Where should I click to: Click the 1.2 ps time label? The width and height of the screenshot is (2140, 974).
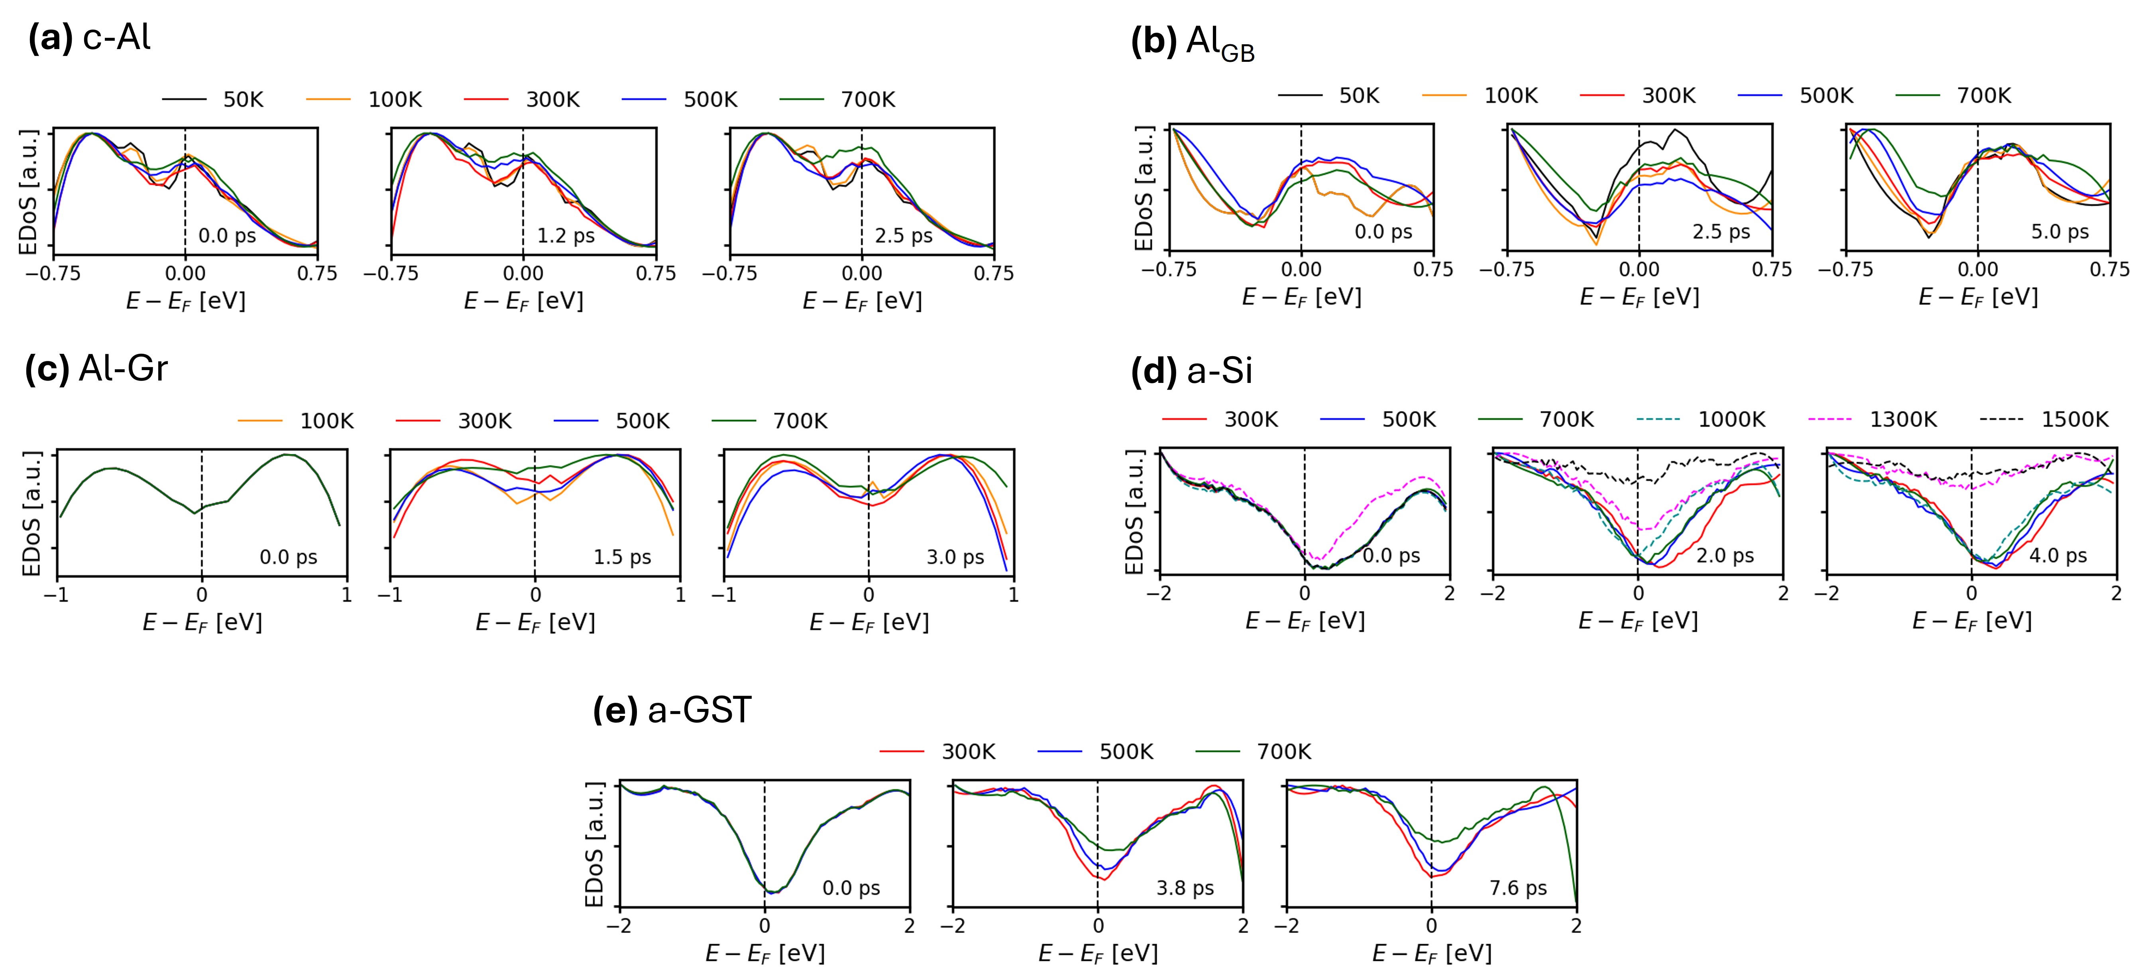coord(566,236)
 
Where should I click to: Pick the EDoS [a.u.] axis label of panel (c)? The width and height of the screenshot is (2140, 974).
coord(31,514)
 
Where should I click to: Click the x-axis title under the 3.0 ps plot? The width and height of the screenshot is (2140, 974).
coord(869,623)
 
